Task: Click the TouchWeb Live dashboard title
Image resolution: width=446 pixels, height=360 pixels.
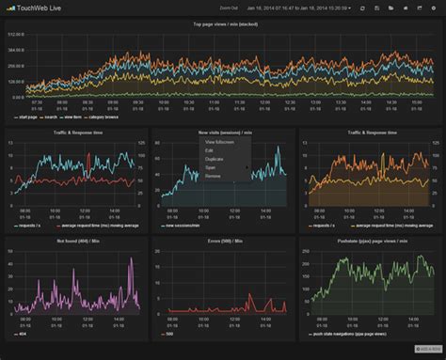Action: [39, 8]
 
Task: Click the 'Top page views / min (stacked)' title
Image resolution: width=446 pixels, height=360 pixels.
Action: [223, 23]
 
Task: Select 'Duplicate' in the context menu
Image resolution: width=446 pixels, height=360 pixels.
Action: [215, 159]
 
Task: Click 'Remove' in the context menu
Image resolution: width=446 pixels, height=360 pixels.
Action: [213, 176]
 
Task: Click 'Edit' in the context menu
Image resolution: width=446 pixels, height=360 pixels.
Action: [210, 150]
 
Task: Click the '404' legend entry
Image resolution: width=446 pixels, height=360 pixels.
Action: [23, 333]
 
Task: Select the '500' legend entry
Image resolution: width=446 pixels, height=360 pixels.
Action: [170, 333]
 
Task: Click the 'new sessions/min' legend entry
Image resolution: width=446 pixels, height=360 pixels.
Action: [183, 226]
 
